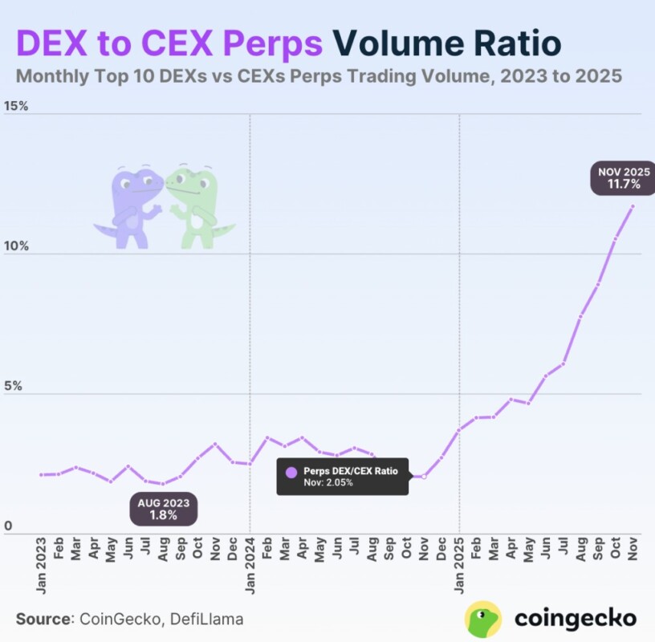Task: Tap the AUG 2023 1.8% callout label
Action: (x=163, y=509)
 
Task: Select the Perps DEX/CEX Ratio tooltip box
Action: (x=343, y=477)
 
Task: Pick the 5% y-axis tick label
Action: (x=13, y=386)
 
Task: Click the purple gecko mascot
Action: (x=128, y=207)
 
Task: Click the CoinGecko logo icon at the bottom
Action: (x=483, y=619)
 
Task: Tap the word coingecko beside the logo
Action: (x=575, y=619)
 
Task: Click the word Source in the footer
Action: (x=43, y=619)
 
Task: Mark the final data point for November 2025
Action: (x=633, y=206)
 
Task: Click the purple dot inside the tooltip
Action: (x=291, y=471)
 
